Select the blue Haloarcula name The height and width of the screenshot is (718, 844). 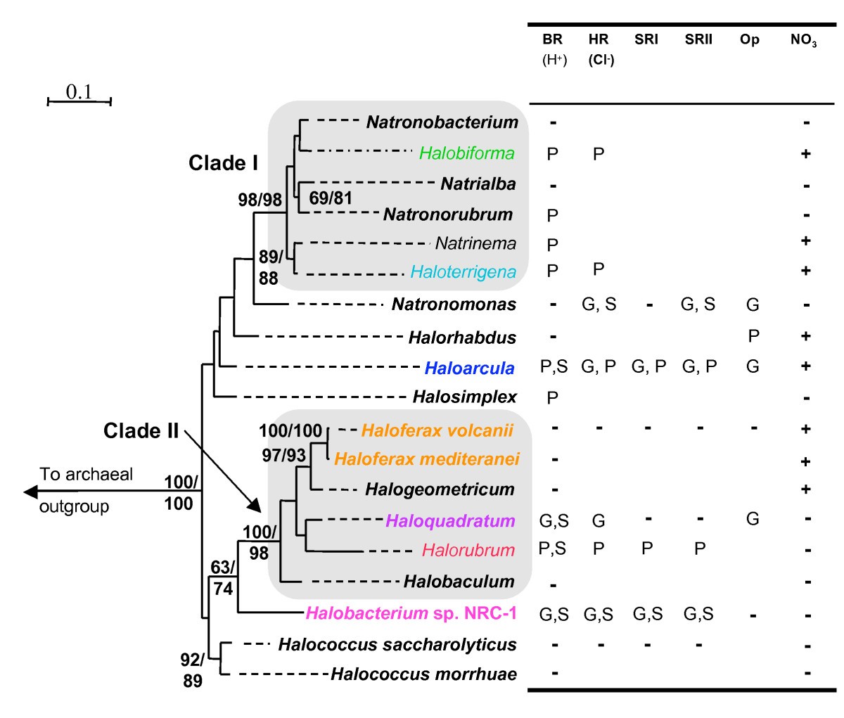coord(469,368)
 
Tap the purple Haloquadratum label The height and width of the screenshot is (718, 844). coord(450,521)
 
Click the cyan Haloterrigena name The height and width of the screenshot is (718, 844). coord(463,271)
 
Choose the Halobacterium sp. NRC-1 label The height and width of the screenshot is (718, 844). coord(411,613)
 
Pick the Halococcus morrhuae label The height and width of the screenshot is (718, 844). coord(423,674)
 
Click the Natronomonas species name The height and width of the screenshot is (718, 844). coord(454,304)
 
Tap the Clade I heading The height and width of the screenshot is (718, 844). coord(223,163)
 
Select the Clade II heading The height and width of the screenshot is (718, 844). coord(141,430)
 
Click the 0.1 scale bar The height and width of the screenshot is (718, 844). coord(79,101)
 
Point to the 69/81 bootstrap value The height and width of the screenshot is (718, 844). coord(331,198)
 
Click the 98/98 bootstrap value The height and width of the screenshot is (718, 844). coord(260,200)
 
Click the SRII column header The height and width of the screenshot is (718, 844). coord(698,40)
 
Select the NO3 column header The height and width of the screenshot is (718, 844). coord(803,41)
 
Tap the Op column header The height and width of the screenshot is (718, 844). coord(750,40)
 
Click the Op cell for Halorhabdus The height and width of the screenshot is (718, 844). coord(753,336)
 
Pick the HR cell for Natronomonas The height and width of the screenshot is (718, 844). coord(599,304)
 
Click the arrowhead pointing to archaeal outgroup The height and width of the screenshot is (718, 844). coord(30,491)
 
